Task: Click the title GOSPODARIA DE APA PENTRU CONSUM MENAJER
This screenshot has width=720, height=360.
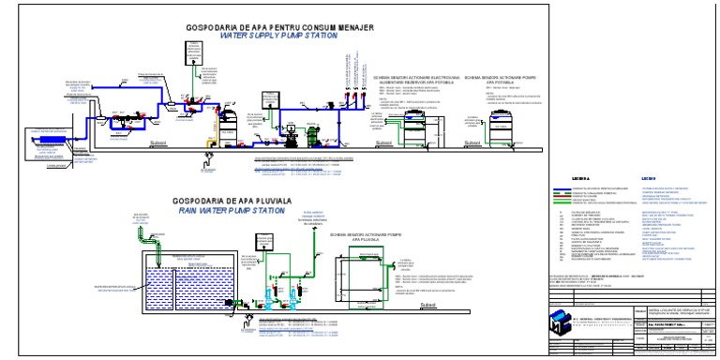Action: [281, 27]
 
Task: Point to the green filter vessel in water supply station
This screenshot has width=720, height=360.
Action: [225, 122]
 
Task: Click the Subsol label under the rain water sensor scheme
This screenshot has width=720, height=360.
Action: [430, 304]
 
